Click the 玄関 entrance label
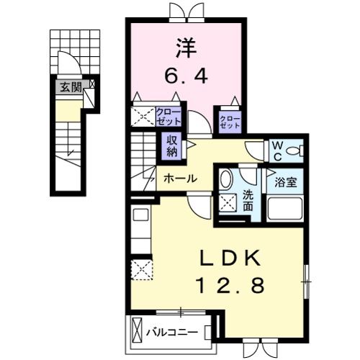[71, 87]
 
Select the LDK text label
[230, 258]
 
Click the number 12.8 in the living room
[230, 285]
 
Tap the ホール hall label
[180, 179]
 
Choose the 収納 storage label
[172, 146]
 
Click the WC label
[277, 151]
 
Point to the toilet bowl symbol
[294, 151]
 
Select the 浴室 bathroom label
[286, 182]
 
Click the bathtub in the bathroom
[285, 209]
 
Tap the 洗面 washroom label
[248, 201]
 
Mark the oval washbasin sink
[226, 179]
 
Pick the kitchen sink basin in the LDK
[141, 215]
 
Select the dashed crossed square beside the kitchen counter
[142, 269]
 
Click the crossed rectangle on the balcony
[137, 333]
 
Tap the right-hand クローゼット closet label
[230, 122]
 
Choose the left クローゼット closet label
[168, 117]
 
